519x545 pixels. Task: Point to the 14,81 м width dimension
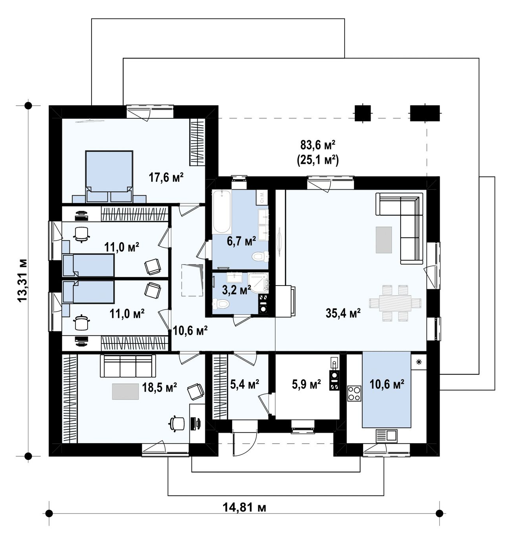[244, 507]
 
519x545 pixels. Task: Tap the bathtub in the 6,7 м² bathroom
[222, 211]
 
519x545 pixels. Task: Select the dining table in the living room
[395, 303]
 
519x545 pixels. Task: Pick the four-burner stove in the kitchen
[354, 393]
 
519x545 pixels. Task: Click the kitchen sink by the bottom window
[387, 435]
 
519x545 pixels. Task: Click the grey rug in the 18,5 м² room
[125, 392]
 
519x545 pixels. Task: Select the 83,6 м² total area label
[318, 145]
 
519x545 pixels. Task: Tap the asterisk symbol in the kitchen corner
[419, 362]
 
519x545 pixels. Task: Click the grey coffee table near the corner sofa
[384, 240]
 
